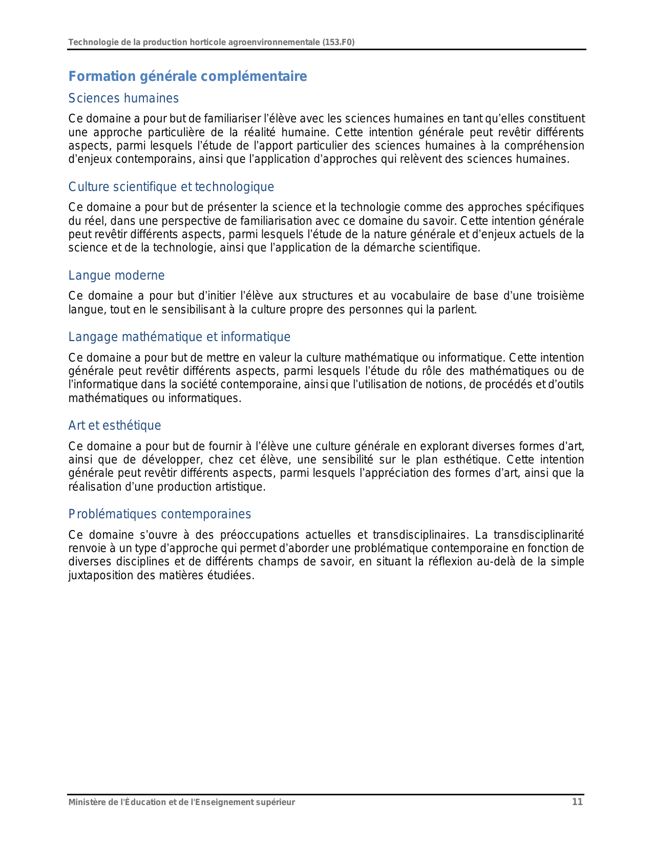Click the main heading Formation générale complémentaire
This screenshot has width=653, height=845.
coord(187,76)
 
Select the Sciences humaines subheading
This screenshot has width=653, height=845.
coord(123,98)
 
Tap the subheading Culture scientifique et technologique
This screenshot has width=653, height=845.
coord(171,187)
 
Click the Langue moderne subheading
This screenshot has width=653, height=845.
coord(116,276)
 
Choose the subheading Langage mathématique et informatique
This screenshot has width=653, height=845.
coord(179,337)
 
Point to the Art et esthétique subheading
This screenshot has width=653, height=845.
coord(115,426)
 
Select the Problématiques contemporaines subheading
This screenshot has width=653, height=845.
coord(159,514)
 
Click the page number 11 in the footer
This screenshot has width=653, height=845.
coord(577,802)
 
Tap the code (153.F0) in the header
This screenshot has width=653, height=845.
coord(339,42)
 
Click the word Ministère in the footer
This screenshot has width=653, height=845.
coord(85,802)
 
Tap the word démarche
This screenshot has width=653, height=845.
coord(397,248)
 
